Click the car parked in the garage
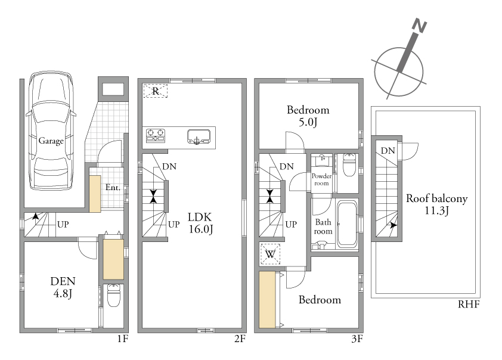click(x=51, y=131)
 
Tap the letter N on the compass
click(x=419, y=26)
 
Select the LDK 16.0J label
click(x=200, y=223)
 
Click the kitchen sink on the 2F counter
click(x=199, y=136)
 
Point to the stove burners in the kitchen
click(x=156, y=135)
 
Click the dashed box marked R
click(x=155, y=91)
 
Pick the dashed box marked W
click(x=270, y=255)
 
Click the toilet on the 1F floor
click(x=113, y=295)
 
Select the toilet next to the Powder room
click(x=349, y=165)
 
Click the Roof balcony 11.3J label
click(x=436, y=204)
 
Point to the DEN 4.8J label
click(x=63, y=287)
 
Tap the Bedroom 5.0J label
click(x=308, y=116)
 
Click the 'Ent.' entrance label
click(x=113, y=187)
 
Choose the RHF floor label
click(x=469, y=304)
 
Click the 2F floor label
click(x=240, y=339)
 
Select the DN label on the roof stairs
click(x=388, y=150)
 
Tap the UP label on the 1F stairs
click(x=63, y=224)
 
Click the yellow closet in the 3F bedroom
click(x=267, y=300)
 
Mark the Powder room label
click(x=321, y=179)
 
